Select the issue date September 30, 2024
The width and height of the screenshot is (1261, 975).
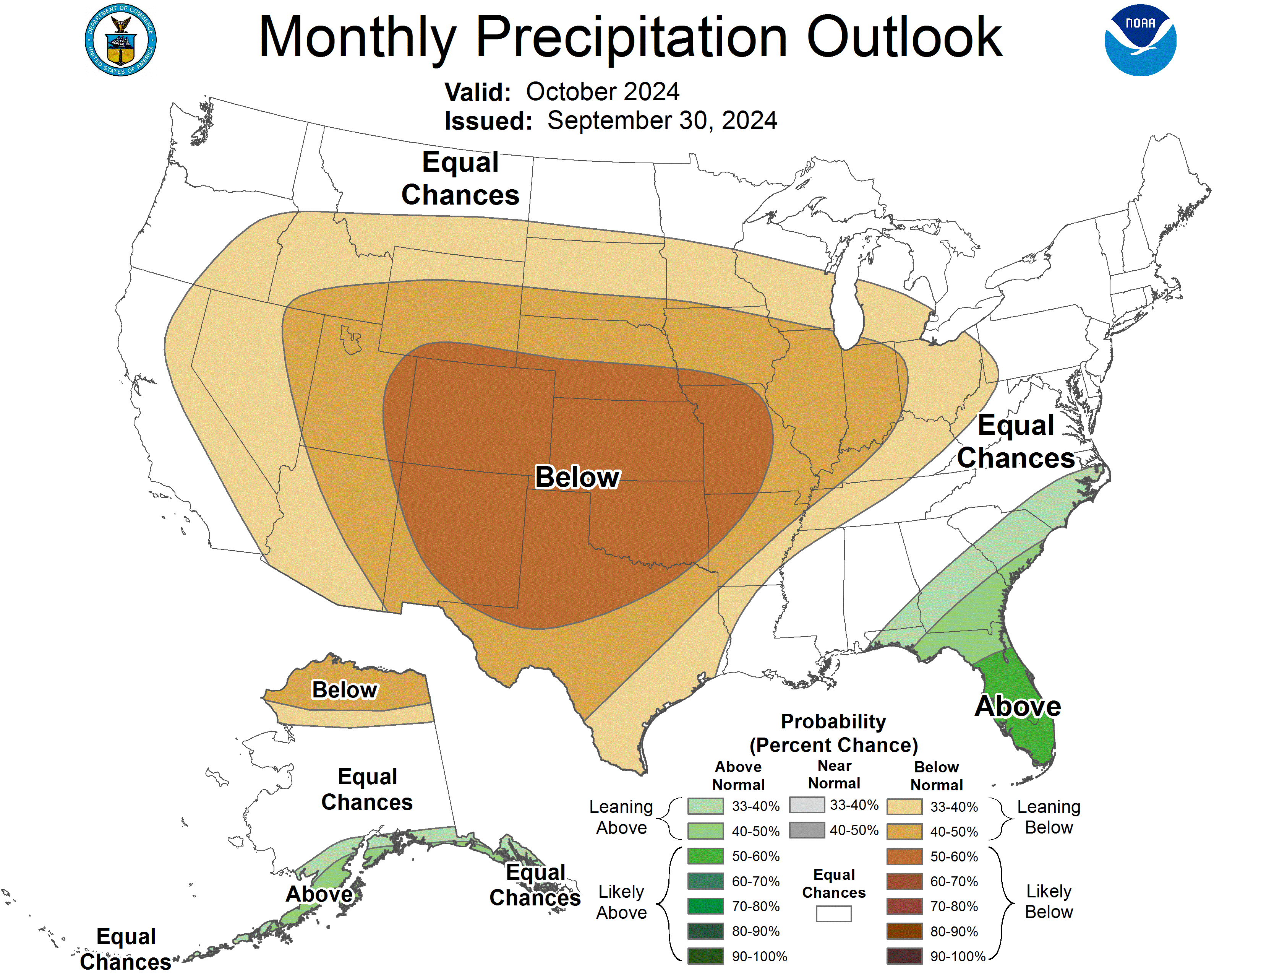click(x=662, y=121)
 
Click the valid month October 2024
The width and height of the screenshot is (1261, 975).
click(x=602, y=92)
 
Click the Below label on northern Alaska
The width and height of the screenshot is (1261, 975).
click(x=344, y=690)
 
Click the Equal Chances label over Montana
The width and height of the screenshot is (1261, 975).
click(x=460, y=179)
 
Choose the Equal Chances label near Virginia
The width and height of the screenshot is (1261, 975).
click(x=1016, y=441)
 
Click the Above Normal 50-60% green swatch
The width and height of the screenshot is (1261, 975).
click(x=705, y=856)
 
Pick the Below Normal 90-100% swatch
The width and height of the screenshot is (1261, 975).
click(x=904, y=956)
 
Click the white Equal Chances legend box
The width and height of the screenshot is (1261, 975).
click(x=833, y=913)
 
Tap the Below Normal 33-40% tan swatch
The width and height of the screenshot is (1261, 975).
click(x=904, y=806)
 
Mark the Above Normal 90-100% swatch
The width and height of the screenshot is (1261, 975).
click(x=705, y=956)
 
